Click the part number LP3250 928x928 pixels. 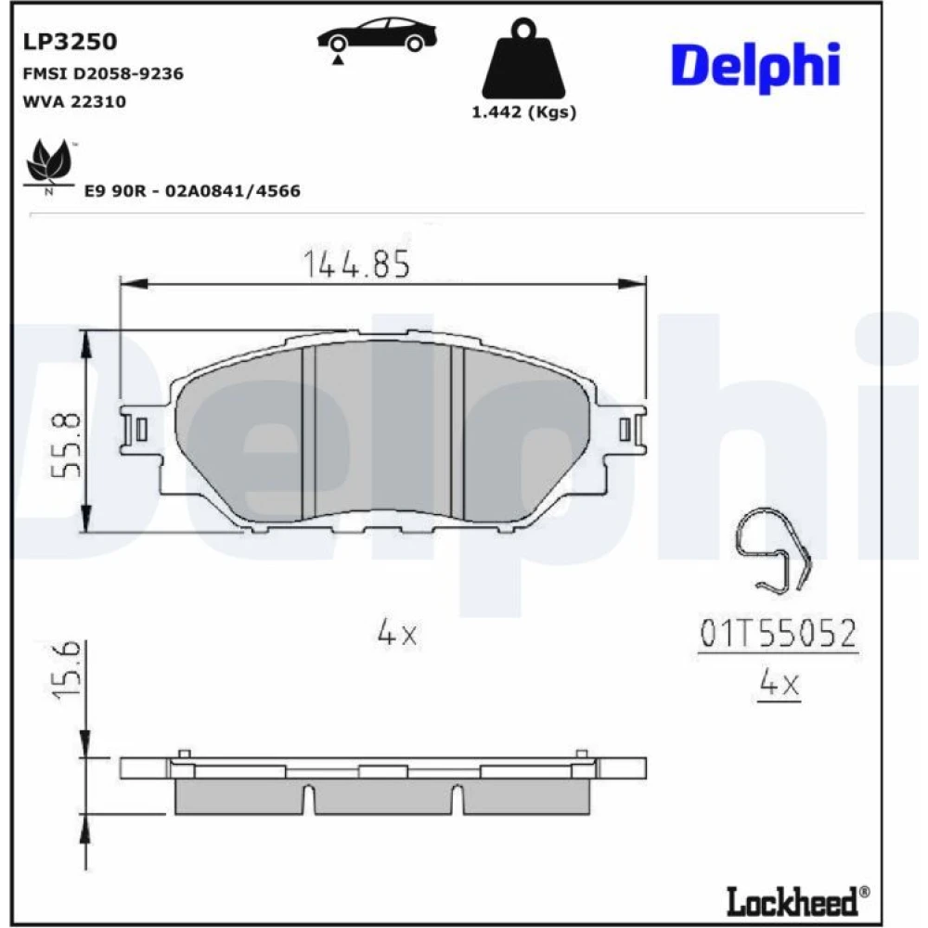[x=70, y=42]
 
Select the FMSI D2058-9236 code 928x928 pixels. [x=103, y=73]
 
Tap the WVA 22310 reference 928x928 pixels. [x=74, y=101]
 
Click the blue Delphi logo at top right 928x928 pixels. [x=755, y=66]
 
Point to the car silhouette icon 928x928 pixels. [x=377, y=37]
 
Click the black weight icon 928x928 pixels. [x=523, y=58]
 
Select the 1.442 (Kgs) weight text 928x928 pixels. [x=523, y=112]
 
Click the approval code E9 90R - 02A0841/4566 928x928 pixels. [x=192, y=190]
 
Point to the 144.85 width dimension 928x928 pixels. [x=356, y=264]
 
